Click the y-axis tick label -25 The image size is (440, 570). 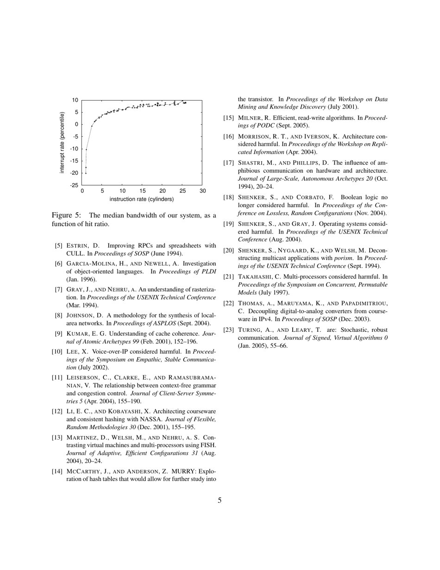pyautogui.click(x=74, y=185)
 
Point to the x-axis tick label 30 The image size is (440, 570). pyautogui.click(x=202, y=191)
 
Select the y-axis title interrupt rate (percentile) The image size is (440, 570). pyautogui.click(x=62, y=143)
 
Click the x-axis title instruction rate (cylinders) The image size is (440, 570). pyautogui.click(x=142, y=199)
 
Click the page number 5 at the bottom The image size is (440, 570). pyautogui.click(x=220, y=500)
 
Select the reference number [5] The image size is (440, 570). pyautogui.click(x=58, y=246)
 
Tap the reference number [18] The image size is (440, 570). pyautogui.click(x=228, y=197)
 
